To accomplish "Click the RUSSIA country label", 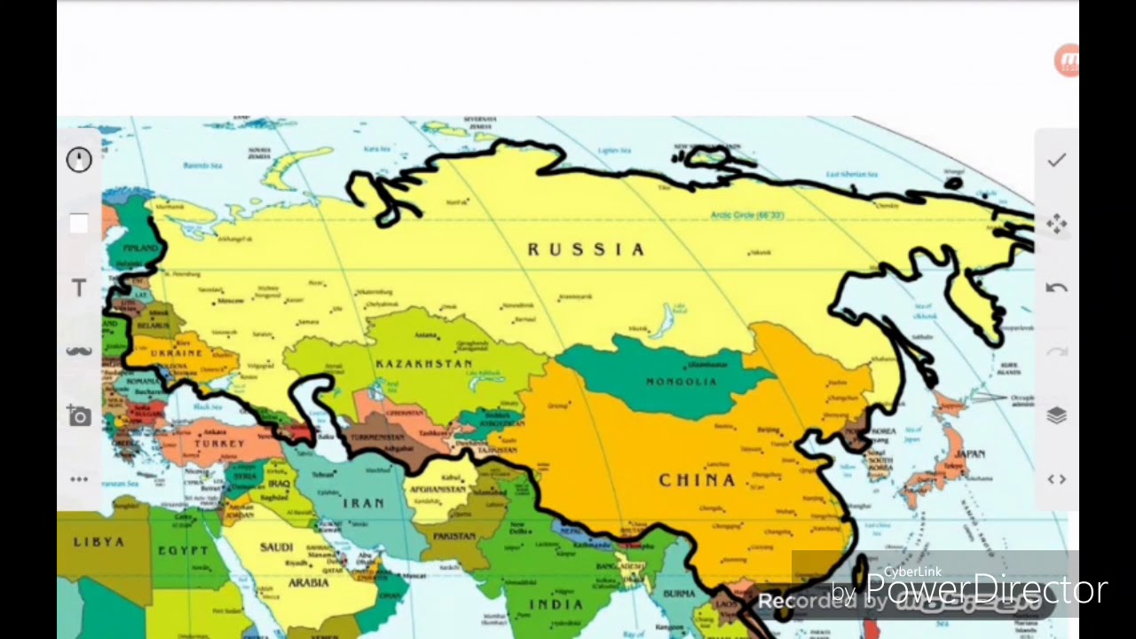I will (x=586, y=250).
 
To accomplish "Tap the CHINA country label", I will (x=698, y=480).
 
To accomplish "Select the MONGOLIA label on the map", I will (x=682, y=382).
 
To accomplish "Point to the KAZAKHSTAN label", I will (x=423, y=365).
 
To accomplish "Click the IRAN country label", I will (x=364, y=503).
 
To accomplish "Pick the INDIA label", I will (x=556, y=605).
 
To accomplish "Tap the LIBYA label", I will (x=99, y=542).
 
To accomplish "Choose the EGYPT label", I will (x=183, y=551).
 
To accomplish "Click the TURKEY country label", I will (x=219, y=443).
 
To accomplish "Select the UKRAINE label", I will (x=177, y=352).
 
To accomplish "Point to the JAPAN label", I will (x=970, y=454).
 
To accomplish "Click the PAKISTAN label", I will (x=454, y=536).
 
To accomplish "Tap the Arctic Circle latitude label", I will (x=747, y=216).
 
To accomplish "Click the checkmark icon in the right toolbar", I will (x=1056, y=160).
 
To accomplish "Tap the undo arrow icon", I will (x=1056, y=288).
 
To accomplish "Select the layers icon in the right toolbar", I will (x=1056, y=415).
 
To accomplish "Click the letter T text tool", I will (x=79, y=288).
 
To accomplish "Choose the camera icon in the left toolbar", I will (x=79, y=415).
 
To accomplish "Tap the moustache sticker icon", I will (x=79, y=351).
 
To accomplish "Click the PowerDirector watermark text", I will (x=985, y=589).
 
